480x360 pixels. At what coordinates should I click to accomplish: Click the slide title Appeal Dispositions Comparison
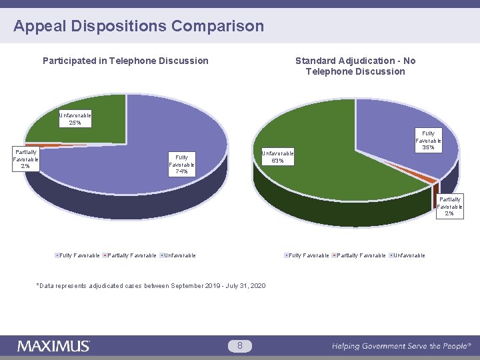tap(139, 27)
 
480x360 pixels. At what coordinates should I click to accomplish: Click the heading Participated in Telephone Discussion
tap(125, 61)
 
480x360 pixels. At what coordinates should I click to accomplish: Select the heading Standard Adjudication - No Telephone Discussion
tap(355, 66)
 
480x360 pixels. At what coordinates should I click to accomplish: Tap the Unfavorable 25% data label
tap(75, 119)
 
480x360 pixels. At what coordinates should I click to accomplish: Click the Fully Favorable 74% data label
tap(181, 165)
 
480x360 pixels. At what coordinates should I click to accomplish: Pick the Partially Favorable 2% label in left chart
tap(26, 159)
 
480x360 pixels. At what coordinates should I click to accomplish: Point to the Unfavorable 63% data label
tap(277, 156)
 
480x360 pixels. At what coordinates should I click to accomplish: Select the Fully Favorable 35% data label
tap(428, 141)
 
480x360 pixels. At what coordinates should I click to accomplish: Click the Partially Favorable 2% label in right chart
tap(450, 206)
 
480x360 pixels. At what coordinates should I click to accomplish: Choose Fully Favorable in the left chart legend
tap(79, 255)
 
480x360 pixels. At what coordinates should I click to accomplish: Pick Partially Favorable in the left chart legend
tap(131, 255)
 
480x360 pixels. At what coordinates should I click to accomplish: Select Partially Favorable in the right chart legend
tap(361, 255)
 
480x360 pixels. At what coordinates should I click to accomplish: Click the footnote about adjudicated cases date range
tap(152, 286)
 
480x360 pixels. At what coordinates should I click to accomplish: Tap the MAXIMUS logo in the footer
tap(53, 346)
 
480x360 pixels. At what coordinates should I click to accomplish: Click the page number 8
tap(239, 345)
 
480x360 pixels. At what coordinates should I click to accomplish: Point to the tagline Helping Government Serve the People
tap(401, 346)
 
